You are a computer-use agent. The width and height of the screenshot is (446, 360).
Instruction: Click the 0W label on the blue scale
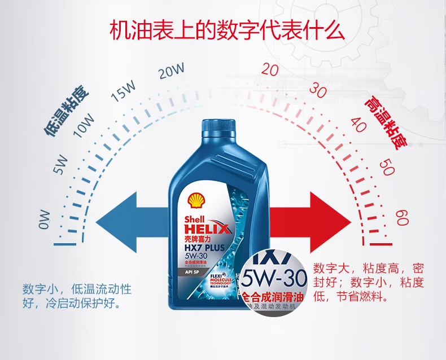44,219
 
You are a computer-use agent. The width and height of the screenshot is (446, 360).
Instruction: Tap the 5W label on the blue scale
60,165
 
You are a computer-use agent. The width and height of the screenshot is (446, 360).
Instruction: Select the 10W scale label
84,125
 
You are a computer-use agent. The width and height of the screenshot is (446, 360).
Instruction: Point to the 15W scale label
124,91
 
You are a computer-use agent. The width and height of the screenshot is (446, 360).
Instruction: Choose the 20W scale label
172,71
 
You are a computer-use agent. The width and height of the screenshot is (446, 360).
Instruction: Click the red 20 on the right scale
270,69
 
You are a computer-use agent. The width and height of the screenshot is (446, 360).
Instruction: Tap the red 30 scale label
318,90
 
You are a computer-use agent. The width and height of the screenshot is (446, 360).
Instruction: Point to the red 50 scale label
387,167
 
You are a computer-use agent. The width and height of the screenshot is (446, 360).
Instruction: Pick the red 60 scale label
402,217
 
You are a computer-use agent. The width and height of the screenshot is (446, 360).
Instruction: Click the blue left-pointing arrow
133,217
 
